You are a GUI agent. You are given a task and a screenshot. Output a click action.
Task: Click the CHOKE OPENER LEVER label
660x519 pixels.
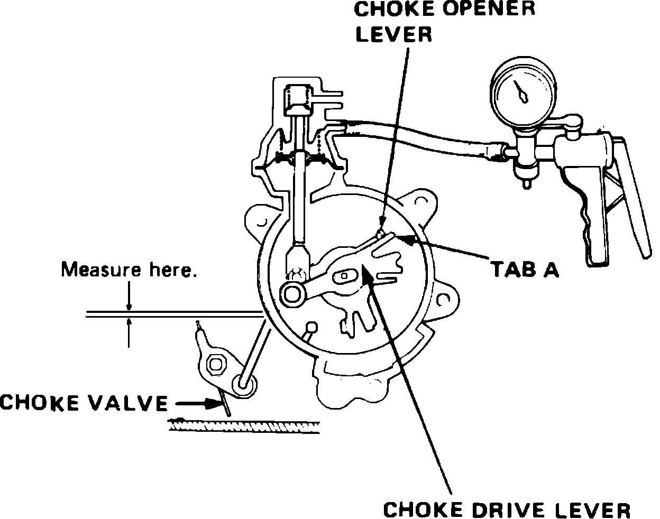click(445, 22)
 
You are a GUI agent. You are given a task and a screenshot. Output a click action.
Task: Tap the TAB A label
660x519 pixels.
click(525, 270)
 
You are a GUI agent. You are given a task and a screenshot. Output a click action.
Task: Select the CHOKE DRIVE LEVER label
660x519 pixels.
click(506, 510)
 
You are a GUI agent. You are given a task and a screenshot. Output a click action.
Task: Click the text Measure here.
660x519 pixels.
click(129, 270)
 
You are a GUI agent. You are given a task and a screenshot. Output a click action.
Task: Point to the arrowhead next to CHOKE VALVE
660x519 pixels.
click(217, 404)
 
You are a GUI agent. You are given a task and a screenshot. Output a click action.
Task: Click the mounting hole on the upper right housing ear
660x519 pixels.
click(421, 201)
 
